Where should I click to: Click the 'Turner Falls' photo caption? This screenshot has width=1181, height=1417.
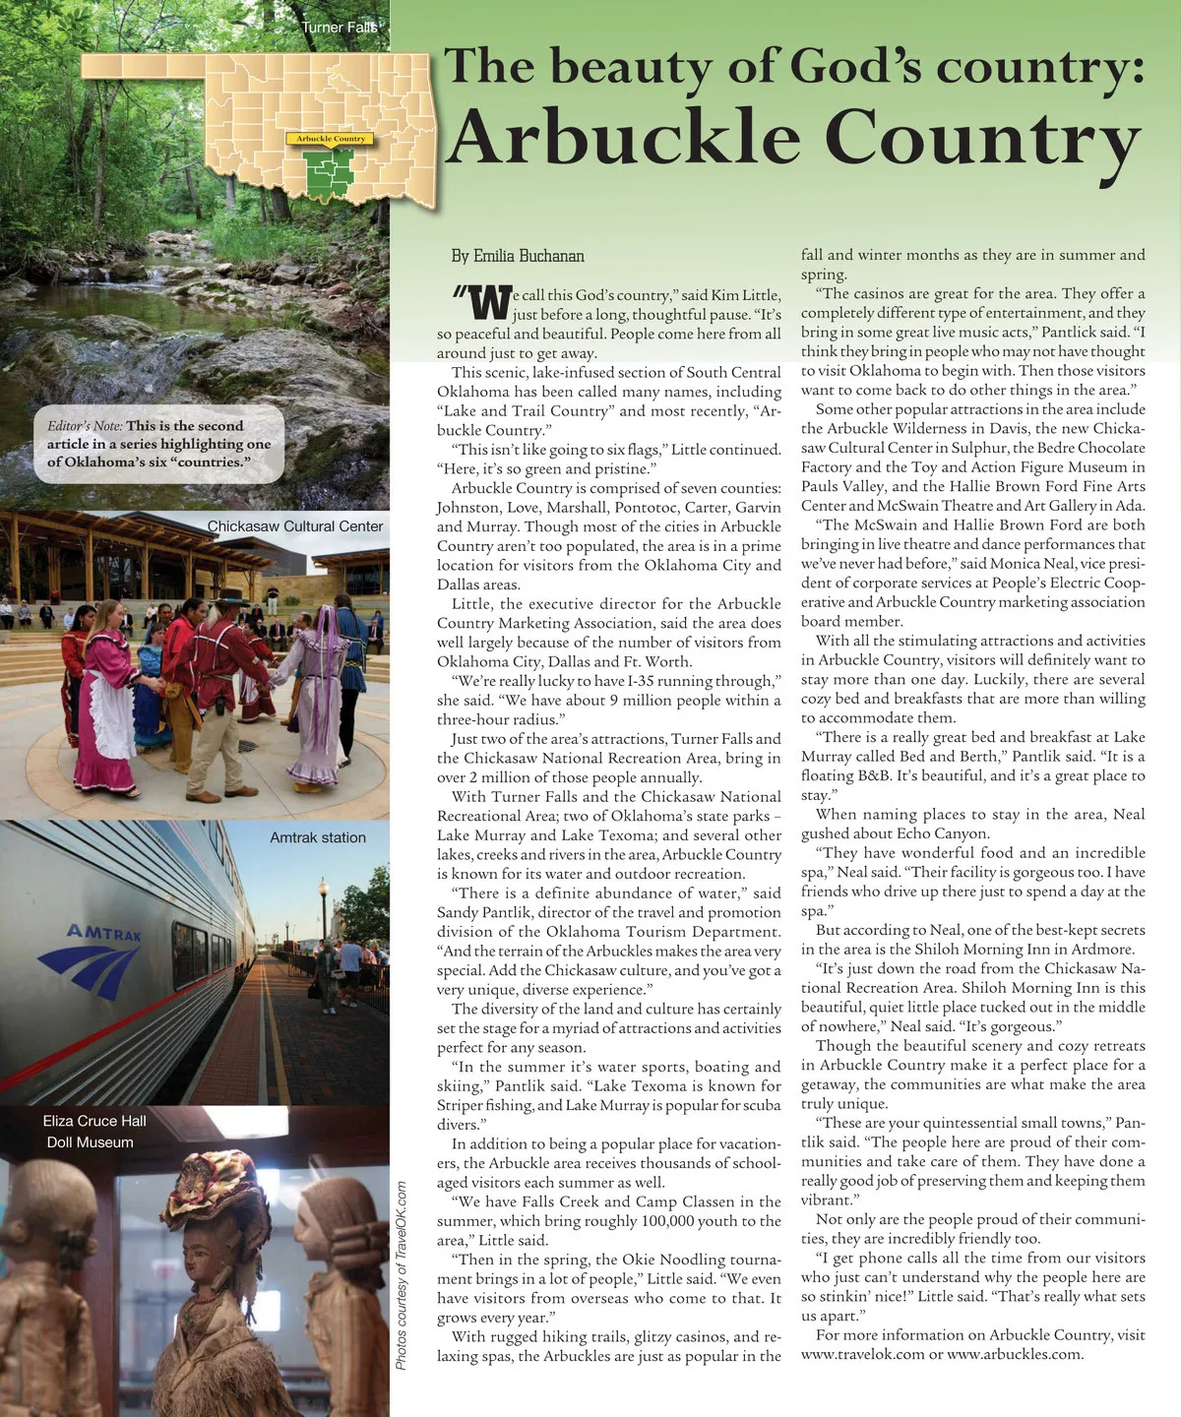coord(339,27)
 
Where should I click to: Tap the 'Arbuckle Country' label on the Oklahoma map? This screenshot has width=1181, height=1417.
coord(331,139)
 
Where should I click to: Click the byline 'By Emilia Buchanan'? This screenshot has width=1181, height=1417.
coord(518,256)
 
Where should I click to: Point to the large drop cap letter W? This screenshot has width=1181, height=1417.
coord(490,303)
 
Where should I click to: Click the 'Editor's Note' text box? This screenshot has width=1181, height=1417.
coord(158,444)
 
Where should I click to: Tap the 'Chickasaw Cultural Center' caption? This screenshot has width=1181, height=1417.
coord(294,526)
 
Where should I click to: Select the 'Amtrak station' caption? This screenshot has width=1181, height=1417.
coord(318,837)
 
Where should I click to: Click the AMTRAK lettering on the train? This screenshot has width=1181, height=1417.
coord(104,931)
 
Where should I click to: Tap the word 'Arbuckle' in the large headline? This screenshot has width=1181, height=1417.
coord(622,138)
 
